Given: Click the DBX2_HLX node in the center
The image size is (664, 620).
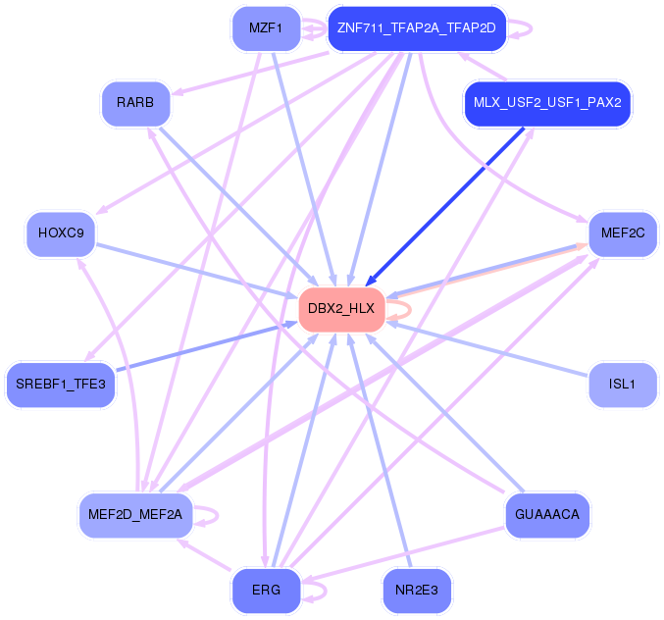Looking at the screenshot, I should [340, 309].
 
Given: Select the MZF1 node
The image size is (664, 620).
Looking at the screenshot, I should [265, 28].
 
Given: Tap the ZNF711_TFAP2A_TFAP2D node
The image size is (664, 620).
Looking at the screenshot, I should [416, 28].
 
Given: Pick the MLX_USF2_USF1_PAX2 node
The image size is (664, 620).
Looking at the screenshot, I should [547, 102].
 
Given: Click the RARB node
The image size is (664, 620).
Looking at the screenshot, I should [135, 103].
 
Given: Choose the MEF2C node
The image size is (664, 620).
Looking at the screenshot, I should [622, 233].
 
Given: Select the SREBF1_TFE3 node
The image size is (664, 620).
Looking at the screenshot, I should [60, 384].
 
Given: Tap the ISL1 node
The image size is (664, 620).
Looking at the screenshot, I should [622, 385].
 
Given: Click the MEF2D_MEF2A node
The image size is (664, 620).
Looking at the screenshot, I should [135, 514].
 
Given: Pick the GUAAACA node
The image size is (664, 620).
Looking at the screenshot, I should [546, 514].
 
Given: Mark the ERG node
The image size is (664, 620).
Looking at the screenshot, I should [266, 590].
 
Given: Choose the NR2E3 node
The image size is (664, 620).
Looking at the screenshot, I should [417, 590].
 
